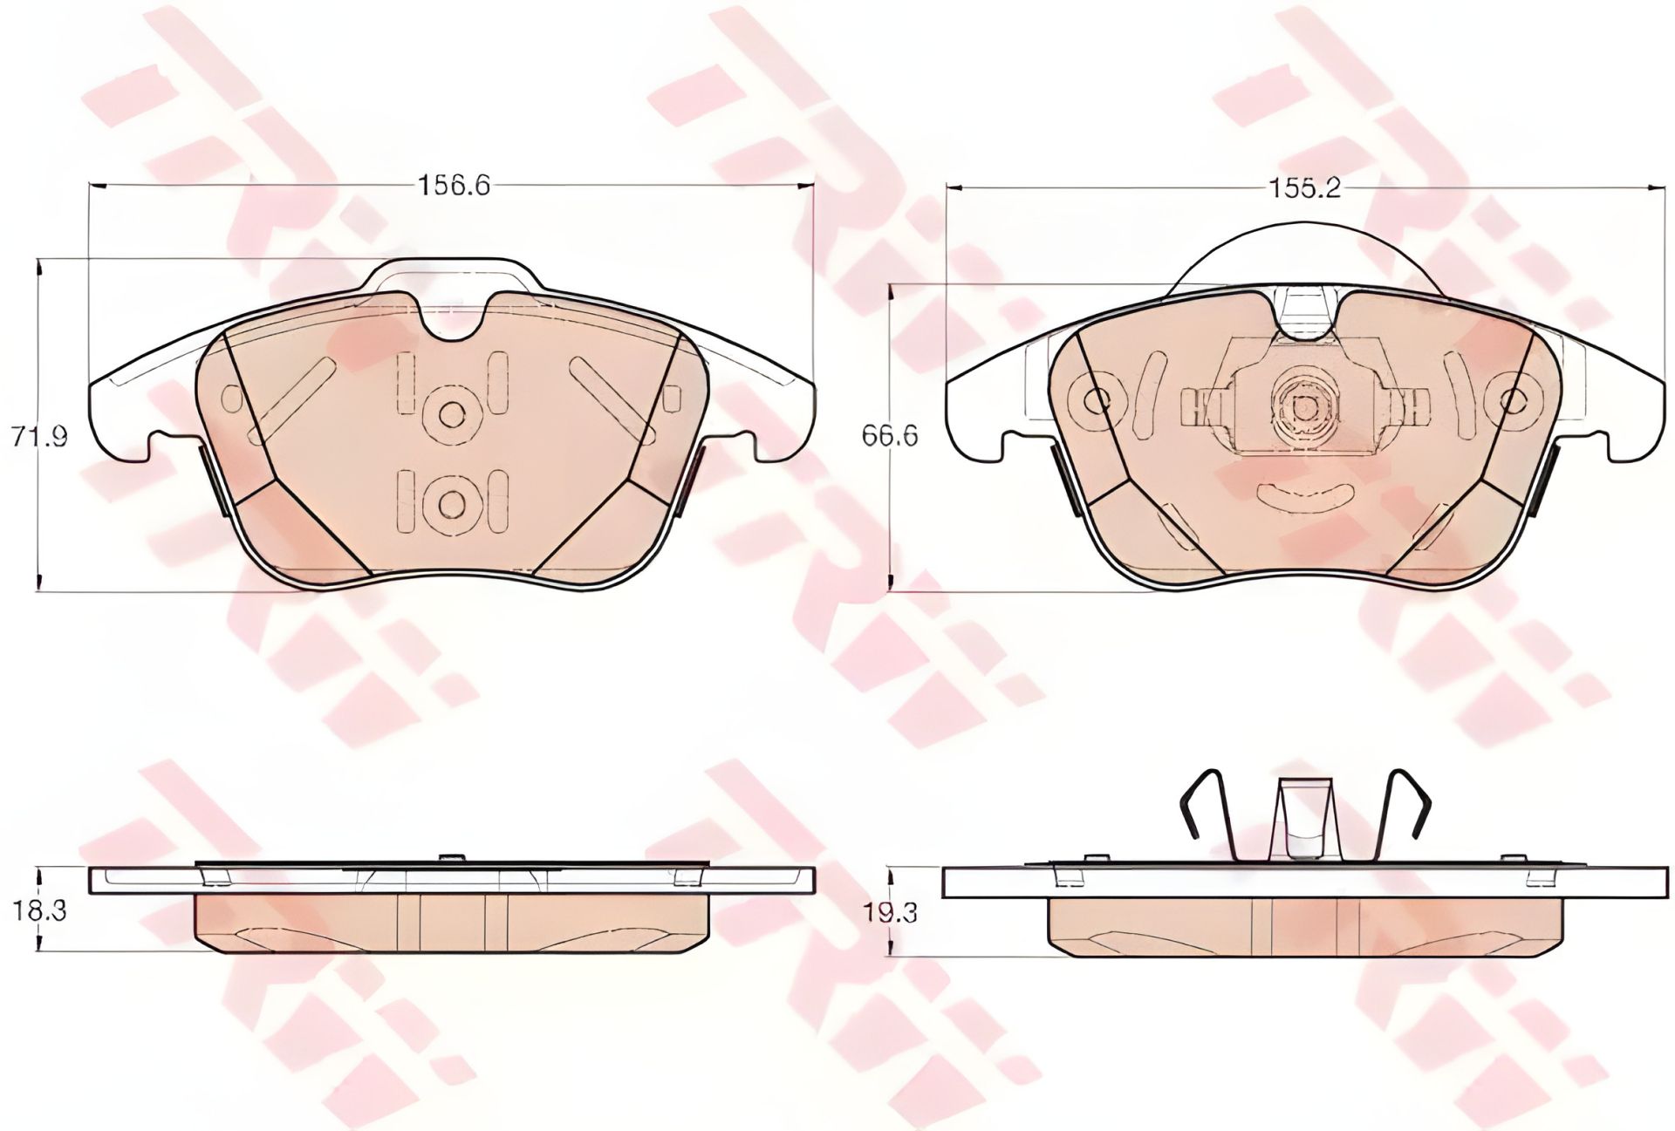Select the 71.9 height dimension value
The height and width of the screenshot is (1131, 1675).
tap(40, 435)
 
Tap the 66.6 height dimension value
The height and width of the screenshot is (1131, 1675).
tap(890, 435)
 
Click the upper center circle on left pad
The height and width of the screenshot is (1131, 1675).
tap(451, 414)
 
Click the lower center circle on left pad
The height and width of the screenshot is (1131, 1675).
tap(451, 503)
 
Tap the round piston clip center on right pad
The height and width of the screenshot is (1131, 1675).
tap(1303, 405)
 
